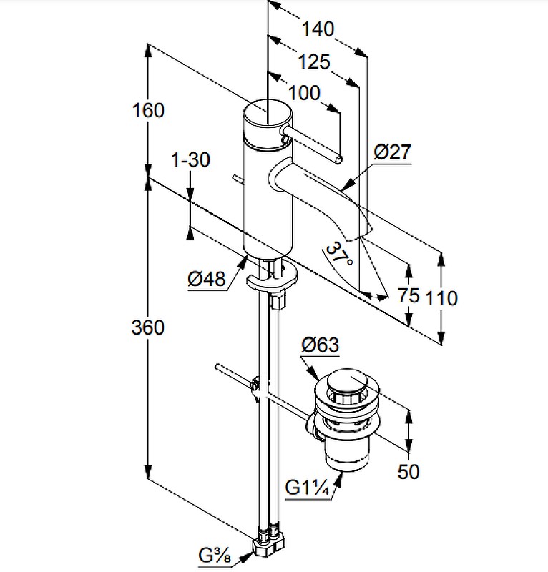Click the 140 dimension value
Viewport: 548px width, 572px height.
tap(318, 29)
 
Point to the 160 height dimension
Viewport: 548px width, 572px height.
tap(148, 111)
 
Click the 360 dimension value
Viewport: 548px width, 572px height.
tap(148, 327)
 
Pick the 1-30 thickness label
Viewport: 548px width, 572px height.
tap(191, 160)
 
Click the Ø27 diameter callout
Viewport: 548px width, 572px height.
tap(392, 152)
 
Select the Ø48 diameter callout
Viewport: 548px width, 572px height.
tap(207, 280)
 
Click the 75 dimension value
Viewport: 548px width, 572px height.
tap(409, 296)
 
